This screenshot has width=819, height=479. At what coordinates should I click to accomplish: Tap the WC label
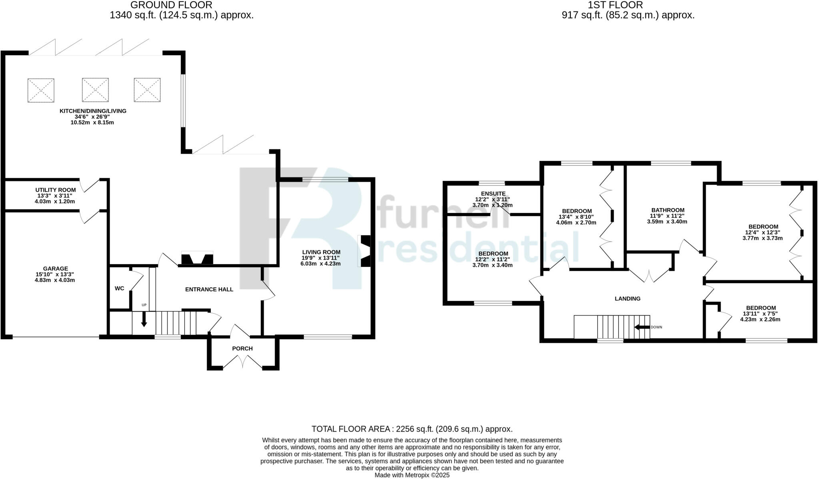click(x=119, y=288)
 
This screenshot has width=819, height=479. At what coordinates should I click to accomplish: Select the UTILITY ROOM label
click(x=55, y=190)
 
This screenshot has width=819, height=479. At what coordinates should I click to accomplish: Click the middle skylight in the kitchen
click(x=95, y=90)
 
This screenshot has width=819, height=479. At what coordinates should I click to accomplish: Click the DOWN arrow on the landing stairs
click(x=642, y=327)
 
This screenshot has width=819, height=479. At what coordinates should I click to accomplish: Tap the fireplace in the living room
click(x=365, y=251)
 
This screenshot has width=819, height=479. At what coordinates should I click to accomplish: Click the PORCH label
click(x=242, y=348)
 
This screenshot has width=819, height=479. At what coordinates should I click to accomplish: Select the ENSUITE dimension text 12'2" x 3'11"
click(x=492, y=199)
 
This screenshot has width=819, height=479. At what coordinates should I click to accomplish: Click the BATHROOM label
click(x=667, y=210)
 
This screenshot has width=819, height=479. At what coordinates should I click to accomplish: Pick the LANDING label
click(x=627, y=298)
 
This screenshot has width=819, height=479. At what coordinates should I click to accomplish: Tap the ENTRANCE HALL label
click(x=209, y=289)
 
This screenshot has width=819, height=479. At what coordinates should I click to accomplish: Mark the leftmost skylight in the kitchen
click(x=41, y=90)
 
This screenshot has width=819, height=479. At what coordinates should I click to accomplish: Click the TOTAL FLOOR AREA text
click(x=411, y=429)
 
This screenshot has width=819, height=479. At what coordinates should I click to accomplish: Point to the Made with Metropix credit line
click(x=411, y=475)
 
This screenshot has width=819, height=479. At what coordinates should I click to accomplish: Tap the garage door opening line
click(x=56, y=337)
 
